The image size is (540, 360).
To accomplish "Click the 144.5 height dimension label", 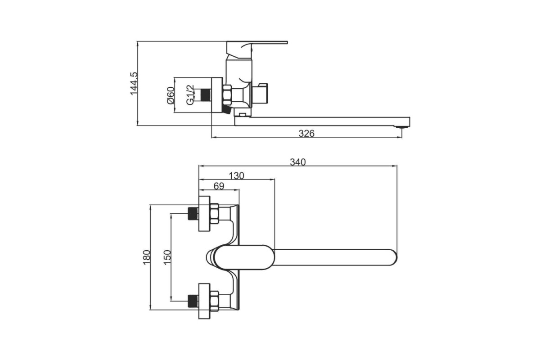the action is [134, 84].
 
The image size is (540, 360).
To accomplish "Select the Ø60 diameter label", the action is [171, 95].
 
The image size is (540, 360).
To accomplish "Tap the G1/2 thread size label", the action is [190, 95].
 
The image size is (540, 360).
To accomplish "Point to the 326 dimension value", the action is [306, 133].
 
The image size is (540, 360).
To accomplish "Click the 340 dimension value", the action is [298, 162].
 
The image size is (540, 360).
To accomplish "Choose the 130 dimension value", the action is [236, 176].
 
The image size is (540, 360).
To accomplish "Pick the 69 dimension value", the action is [219, 186].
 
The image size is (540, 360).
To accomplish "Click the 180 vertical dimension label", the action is [147, 257].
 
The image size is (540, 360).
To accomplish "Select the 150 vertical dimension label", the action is [167, 257].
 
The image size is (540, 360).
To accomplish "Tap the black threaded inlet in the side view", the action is [206, 95].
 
